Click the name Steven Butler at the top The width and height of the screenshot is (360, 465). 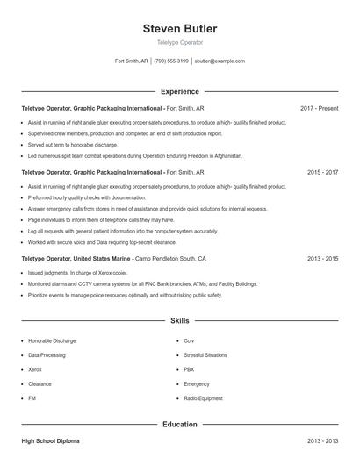[x=179, y=29]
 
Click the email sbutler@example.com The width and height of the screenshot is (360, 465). [x=220, y=61]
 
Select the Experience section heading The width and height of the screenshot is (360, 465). [x=179, y=91]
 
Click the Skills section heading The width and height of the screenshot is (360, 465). [x=179, y=322]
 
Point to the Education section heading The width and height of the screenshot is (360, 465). [x=179, y=424]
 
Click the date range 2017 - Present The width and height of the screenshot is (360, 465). [x=319, y=108]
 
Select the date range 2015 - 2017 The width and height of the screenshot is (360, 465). [x=322, y=173]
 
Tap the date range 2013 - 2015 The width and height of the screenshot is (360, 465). [x=322, y=259]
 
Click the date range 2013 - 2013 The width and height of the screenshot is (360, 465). [x=322, y=440]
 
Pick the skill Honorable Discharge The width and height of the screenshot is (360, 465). [x=52, y=340]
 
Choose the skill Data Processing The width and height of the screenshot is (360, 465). [x=47, y=355]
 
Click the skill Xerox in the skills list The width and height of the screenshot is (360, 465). [x=36, y=369]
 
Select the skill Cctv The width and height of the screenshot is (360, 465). [x=189, y=340]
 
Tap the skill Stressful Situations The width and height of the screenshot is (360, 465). [x=205, y=355]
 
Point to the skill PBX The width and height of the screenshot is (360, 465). [x=189, y=369]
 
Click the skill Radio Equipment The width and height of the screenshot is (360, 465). [x=203, y=398]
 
